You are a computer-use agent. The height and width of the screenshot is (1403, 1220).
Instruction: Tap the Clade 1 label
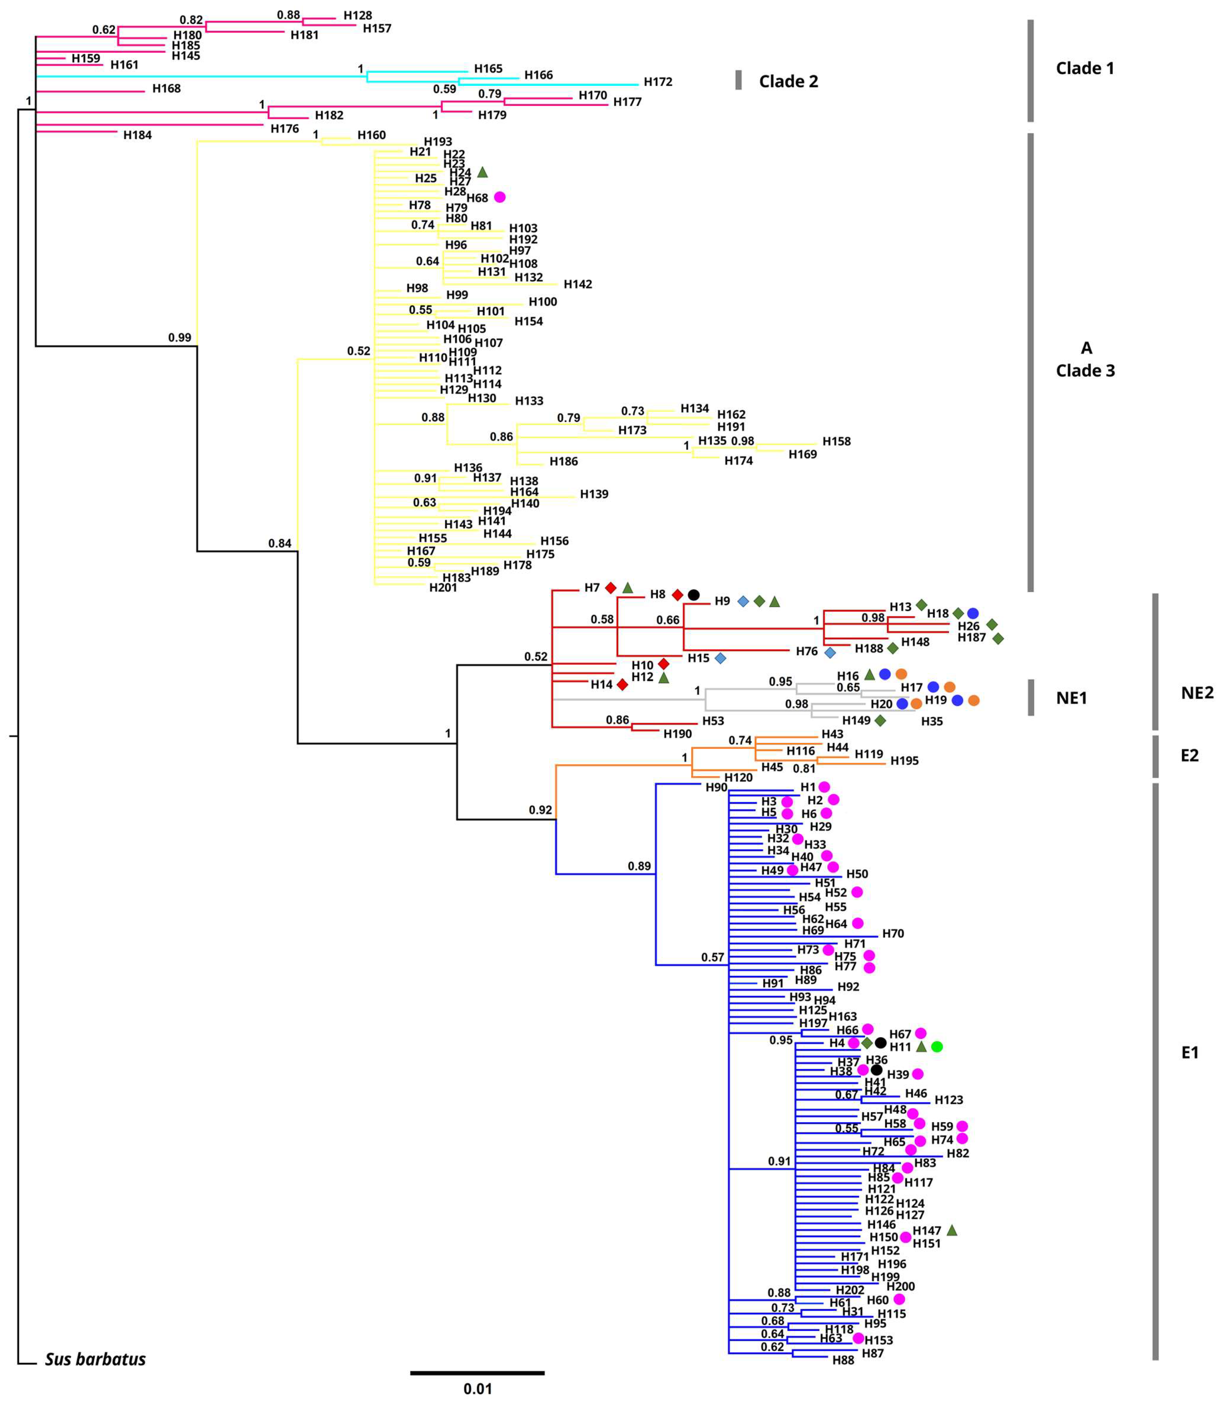[1084, 68]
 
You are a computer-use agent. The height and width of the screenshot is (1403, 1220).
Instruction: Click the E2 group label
[1189, 756]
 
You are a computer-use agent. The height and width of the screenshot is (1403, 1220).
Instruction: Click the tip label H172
[658, 82]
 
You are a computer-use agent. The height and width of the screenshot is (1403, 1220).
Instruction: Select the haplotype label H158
[836, 441]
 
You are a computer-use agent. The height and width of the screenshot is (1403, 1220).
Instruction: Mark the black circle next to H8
[693, 594]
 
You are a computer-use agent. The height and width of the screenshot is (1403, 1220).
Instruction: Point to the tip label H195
[904, 760]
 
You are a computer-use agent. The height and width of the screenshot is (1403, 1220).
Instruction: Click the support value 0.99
[180, 338]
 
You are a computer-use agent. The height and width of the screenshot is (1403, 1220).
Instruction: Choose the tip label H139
[594, 494]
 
